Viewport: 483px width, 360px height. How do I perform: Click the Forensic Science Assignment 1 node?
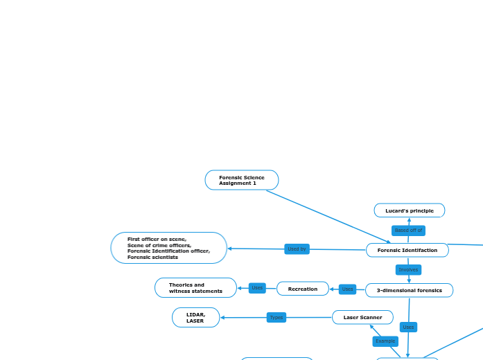coord(241,180)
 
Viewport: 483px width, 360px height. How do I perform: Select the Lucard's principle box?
coord(409,210)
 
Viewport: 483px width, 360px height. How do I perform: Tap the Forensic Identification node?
coord(407,250)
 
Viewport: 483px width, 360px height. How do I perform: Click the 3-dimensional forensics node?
coord(409,290)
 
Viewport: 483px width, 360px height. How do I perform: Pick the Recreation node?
coord(302,289)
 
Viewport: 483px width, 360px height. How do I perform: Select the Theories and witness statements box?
coord(195,287)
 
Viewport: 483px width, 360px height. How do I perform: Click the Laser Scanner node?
coord(362,317)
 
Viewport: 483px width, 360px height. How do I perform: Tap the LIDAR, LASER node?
coord(195,317)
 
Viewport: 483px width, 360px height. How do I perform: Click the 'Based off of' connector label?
coord(408,230)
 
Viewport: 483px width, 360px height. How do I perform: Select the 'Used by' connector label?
coord(297,249)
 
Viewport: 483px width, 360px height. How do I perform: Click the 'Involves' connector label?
coord(408,270)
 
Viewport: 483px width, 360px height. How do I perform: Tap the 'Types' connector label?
coord(276,317)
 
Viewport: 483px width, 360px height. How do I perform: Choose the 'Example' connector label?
coord(385,341)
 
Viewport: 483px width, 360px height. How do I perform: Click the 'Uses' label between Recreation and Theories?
coord(257,288)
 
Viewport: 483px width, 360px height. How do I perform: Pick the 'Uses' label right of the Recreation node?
coord(347,289)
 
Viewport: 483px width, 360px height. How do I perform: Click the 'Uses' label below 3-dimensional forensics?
coord(408,327)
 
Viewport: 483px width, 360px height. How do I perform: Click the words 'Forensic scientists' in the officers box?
coord(152,257)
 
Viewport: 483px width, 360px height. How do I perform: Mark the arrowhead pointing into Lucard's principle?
coord(409,219)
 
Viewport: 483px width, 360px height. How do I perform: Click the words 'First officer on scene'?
coord(157,239)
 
